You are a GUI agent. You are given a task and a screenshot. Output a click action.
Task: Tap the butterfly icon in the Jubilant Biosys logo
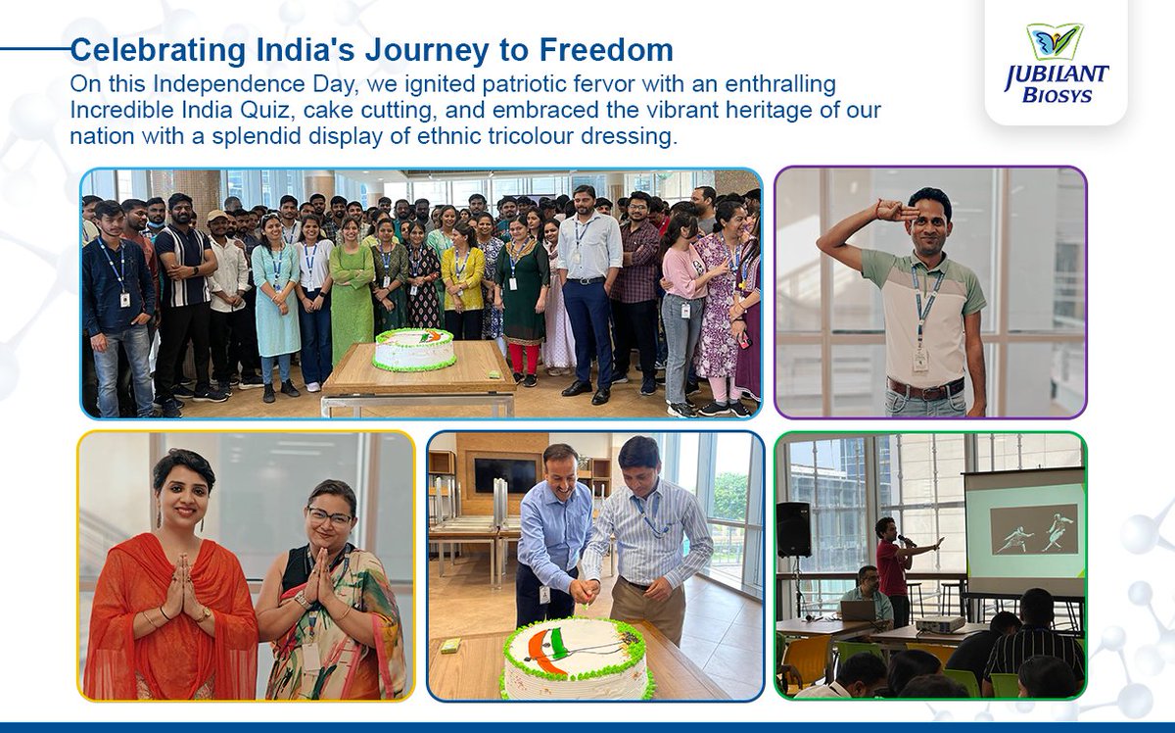pyautogui.click(x=1055, y=43)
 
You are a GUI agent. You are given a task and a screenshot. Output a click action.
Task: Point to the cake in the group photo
pyautogui.click(x=413, y=350)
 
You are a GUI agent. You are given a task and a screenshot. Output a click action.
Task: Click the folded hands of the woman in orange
pyautogui.click(x=179, y=585)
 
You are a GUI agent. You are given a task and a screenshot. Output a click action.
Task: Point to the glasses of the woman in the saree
pyautogui.click(x=329, y=516)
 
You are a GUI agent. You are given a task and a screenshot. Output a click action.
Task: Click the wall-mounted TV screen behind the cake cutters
pyautogui.click(x=504, y=475)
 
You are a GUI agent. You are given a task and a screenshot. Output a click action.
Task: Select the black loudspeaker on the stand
pyautogui.click(x=793, y=529)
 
